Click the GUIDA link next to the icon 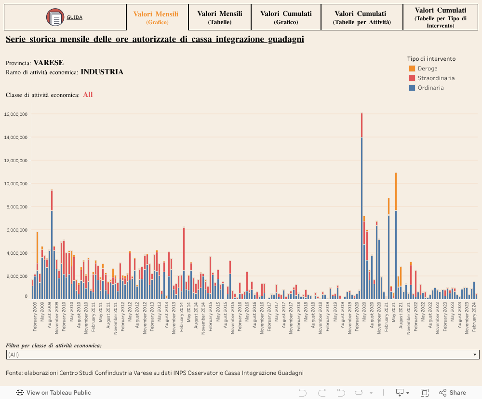pyautogui.click(x=74, y=17)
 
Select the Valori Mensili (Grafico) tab pyautogui.click(x=156, y=17)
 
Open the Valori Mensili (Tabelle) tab pyautogui.click(x=220, y=17)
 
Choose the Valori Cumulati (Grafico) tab pyautogui.click(x=286, y=17)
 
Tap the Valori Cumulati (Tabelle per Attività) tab pyautogui.click(x=362, y=17)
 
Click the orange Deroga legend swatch pyautogui.click(x=412, y=69)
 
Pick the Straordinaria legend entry pyautogui.click(x=436, y=78)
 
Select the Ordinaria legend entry pyautogui.click(x=430, y=88)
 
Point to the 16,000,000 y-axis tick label pyautogui.click(x=16, y=114)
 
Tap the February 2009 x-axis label pyautogui.click(x=35, y=316)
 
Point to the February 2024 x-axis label pyautogui.click(x=474, y=316)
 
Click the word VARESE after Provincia pyautogui.click(x=49, y=63)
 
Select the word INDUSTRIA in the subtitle pyautogui.click(x=102, y=72)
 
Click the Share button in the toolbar pyautogui.click(x=453, y=393)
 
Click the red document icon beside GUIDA pyautogui.click(x=55, y=18)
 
